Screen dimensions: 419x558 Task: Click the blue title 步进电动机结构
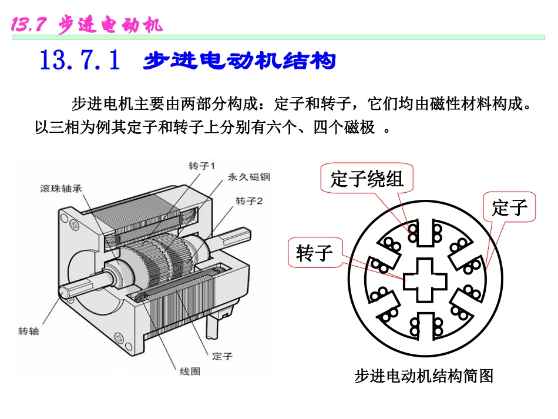239,61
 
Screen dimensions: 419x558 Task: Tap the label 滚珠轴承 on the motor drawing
61,189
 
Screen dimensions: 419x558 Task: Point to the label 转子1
202,165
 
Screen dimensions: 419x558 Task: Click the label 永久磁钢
248,177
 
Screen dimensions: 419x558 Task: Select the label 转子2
249,201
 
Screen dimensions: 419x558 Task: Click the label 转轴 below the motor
29,331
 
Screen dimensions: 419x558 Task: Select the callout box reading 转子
315,253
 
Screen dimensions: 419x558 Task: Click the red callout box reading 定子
509,207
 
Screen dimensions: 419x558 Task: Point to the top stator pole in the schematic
424,234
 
